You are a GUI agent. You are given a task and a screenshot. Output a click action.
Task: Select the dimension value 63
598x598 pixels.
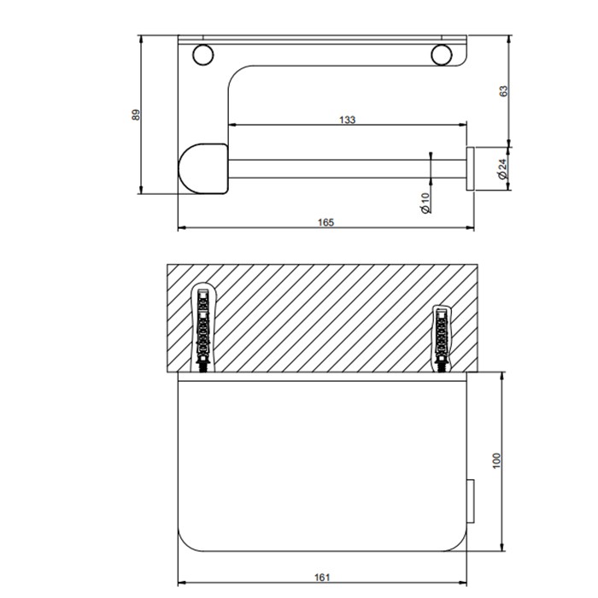coord(503,91)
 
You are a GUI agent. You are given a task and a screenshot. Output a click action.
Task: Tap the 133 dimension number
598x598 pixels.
coord(346,120)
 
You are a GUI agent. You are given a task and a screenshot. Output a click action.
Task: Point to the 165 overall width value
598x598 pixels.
coord(325,222)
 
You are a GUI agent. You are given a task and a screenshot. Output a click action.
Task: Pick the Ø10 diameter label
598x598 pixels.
coord(425,202)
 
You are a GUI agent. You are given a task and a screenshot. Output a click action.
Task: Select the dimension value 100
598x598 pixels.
coord(496,460)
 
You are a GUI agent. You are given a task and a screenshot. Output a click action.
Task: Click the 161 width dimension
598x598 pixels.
coord(322,577)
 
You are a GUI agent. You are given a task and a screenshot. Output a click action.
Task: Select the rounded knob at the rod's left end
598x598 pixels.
coord(202,166)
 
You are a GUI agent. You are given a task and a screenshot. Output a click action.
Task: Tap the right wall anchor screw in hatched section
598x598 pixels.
coord(443,337)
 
